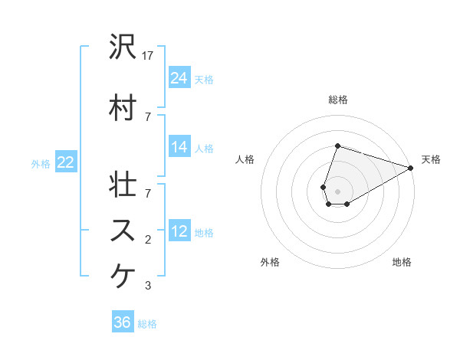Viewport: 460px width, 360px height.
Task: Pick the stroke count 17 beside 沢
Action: click(x=149, y=55)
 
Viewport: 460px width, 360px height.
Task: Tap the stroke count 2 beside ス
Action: click(x=148, y=240)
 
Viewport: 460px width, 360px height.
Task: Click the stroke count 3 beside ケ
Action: click(x=148, y=286)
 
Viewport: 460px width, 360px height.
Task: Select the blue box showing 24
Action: click(x=179, y=78)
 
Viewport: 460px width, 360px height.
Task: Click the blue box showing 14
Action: click(x=179, y=148)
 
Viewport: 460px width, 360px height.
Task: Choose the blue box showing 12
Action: click(x=179, y=232)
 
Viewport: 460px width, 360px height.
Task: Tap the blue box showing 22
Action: click(x=66, y=162)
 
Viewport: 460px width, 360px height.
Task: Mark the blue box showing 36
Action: click(x=123, y=323)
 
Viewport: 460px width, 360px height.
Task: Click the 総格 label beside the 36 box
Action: click(x=147, y=324)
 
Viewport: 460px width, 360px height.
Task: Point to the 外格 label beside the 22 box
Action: click(x=41, y=163)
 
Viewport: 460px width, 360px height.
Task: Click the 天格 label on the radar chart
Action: click(x=431, y=159)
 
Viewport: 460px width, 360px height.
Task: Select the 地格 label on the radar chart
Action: click(x=402, y=262)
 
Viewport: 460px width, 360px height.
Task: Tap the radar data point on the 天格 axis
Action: click(x=411, y=168)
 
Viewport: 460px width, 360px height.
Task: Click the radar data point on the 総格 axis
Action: click(x=337, y=146)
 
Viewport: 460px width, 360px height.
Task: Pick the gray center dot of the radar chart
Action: click(x=337, y=191)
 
